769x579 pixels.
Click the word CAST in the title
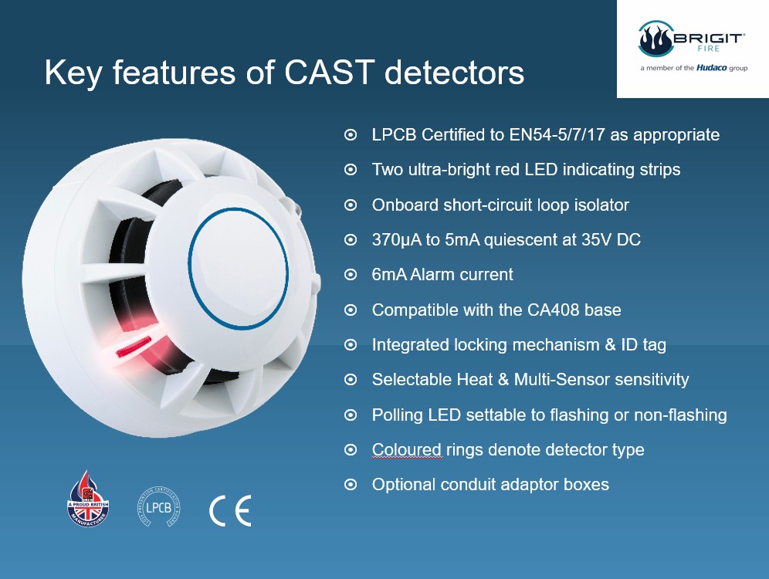(330, 73)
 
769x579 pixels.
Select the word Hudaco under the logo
(712, 68)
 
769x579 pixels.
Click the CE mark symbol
(230, 510)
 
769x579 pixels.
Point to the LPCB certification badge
(159, 507)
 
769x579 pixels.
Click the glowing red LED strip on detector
(134, 346)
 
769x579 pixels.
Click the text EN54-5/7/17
(557, 135)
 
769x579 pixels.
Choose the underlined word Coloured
(407, 450)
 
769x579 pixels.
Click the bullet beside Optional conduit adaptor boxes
(351, 485)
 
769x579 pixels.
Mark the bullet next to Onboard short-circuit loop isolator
(351, 205)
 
